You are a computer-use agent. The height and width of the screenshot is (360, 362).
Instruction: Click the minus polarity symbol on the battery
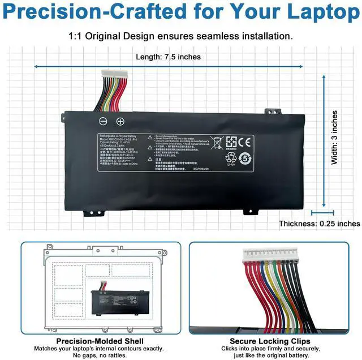(103, 121)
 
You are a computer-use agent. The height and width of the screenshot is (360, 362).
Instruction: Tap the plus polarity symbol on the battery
(120, 121)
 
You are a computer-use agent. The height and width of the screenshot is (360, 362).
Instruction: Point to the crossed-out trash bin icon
(216, 142)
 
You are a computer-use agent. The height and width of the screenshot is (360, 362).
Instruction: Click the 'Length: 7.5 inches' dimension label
(168, 57)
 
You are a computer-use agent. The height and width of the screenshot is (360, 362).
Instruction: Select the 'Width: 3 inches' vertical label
(334, 138)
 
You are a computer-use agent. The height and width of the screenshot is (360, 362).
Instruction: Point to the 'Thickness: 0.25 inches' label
(319, 224)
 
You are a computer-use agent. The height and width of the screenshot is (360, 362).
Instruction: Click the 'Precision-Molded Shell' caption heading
(100, 341)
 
